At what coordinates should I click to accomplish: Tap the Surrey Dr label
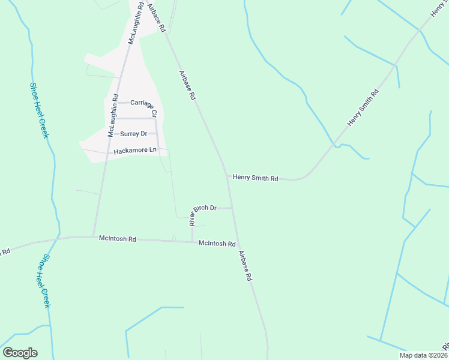pos(133,134)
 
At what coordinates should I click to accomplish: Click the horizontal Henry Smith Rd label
pos(255,178)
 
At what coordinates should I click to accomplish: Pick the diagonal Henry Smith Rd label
pos(364,107)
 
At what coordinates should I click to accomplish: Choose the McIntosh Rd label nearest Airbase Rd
pos(217,244)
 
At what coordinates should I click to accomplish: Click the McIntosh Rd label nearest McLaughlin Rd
pos(118,239)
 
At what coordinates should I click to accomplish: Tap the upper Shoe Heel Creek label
pos(38,110)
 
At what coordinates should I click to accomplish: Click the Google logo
pos(20,353)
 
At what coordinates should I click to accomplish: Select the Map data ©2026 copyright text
pos(423,355)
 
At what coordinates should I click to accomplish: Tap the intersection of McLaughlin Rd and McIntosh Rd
pos(93,236)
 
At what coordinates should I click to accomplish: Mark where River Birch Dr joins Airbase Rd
pos(232,208)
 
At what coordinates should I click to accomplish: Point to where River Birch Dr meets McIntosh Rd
pos(193,241)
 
